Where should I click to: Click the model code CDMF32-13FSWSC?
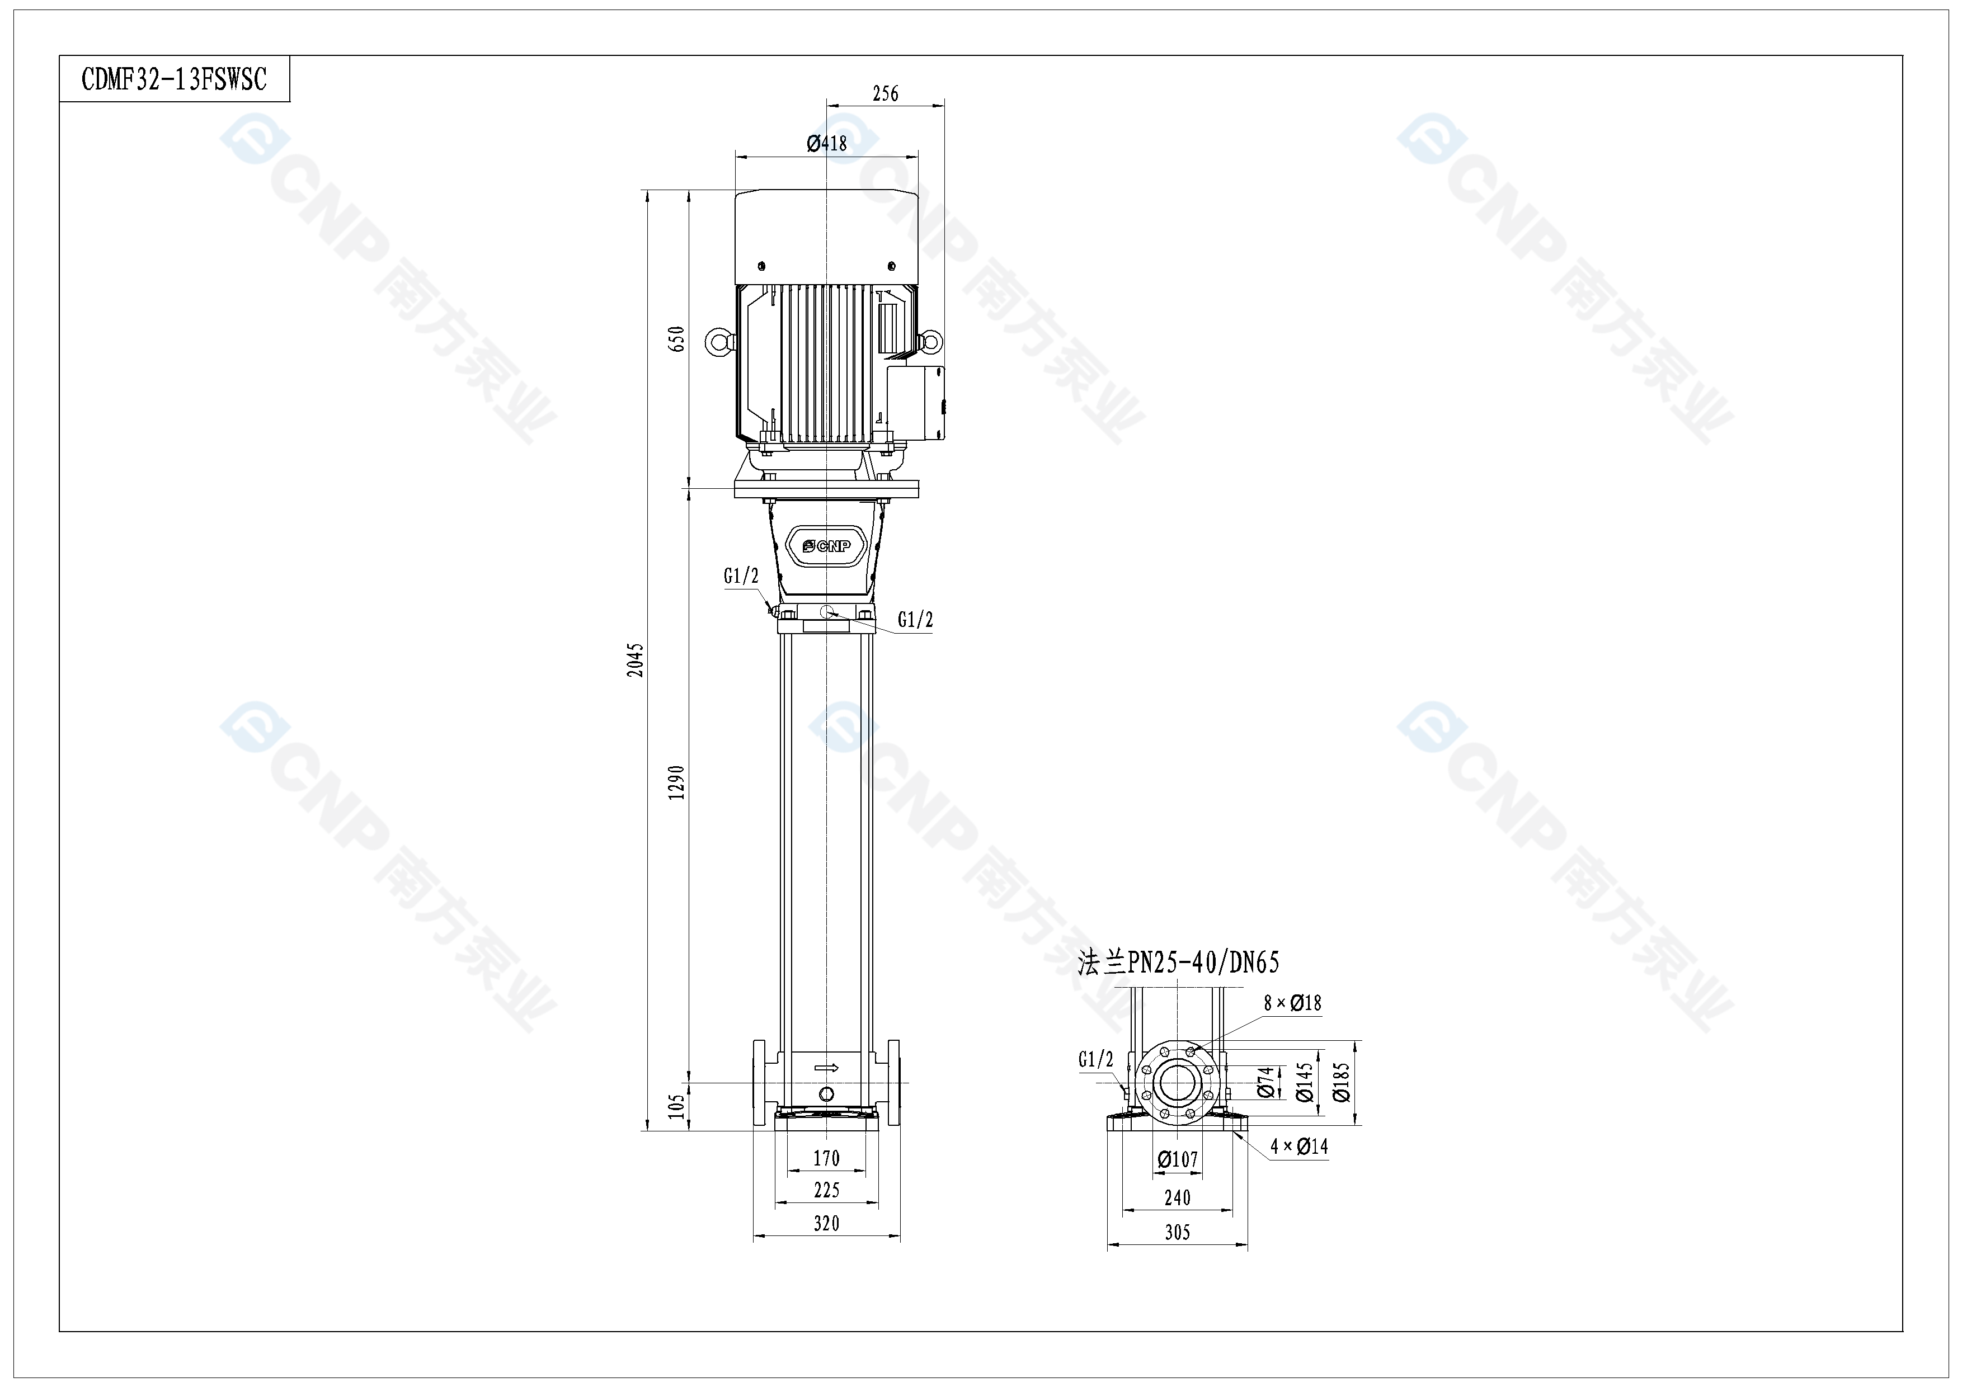[175, 79]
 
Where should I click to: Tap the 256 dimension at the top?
[885, 93]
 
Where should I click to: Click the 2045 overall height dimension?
[635, 660]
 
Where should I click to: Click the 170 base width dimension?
[826, 1158]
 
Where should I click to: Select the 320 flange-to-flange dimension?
[826, 1223]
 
